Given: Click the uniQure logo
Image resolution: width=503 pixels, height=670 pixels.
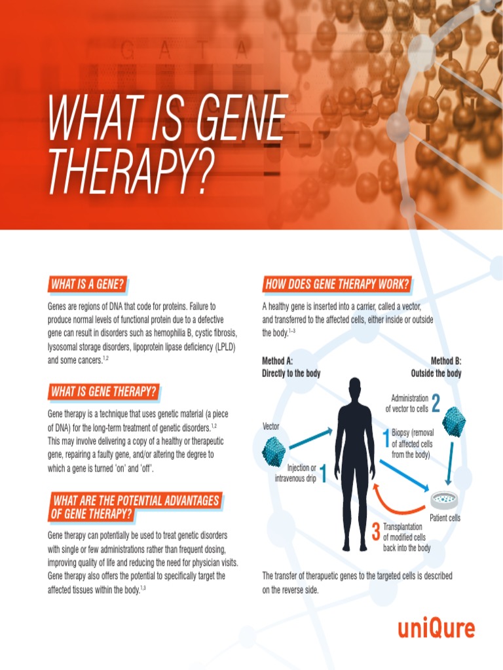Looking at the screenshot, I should pyautogui.click(x=436, y=629).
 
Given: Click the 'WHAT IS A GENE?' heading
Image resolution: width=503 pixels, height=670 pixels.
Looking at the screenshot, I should pyautogui.click(x=87, y=285).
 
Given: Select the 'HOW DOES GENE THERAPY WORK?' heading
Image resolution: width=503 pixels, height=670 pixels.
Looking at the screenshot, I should pyautogui.click(x=337, y=284).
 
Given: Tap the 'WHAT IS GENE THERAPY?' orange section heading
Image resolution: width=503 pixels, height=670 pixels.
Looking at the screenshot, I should pyautogui.click(x=103, y=392).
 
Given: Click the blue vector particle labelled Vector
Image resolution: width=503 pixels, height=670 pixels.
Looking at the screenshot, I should pyautogui.click(x=274, y=451).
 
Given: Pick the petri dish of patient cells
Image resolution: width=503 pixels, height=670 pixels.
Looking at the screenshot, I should pyautogui.click(x=443, y=501).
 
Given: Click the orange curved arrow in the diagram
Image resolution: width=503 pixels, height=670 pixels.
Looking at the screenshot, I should pyautogui.click(x=400, y=504).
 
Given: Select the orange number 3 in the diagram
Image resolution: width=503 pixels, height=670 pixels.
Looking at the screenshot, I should pyautogui.click(x=375, y=532).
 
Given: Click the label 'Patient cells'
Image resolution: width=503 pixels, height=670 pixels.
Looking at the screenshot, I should pyautogui.click(x=445, y=518).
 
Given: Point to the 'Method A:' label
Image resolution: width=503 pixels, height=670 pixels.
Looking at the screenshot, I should pyautogui.click(x=277, y=361).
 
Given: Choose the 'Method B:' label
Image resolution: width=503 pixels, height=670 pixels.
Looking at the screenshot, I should pyautogui.click(x=445, y=361).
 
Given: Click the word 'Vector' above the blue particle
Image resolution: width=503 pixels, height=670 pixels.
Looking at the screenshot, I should pyautogui.click(x=271, y=427).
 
